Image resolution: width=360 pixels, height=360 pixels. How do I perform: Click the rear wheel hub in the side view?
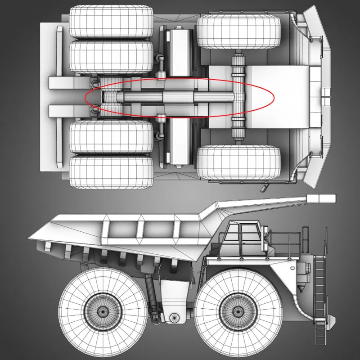103,310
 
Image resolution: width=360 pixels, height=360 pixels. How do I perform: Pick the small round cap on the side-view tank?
173,317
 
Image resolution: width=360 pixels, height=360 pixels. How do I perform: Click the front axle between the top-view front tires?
238,97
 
